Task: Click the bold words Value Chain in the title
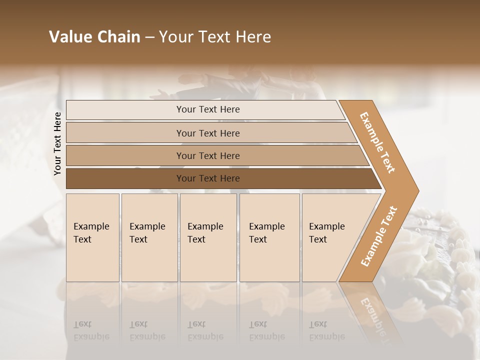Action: [x=94, y=37]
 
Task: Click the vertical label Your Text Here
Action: [x=57, y=143]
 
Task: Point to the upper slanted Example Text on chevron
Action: [x=377, y=142]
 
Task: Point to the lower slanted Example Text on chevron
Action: [x=379, y=236]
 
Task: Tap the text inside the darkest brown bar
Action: [x=208, y=178]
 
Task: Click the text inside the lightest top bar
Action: [x=208, y=109]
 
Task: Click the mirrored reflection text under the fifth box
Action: [x=326, y=330]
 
